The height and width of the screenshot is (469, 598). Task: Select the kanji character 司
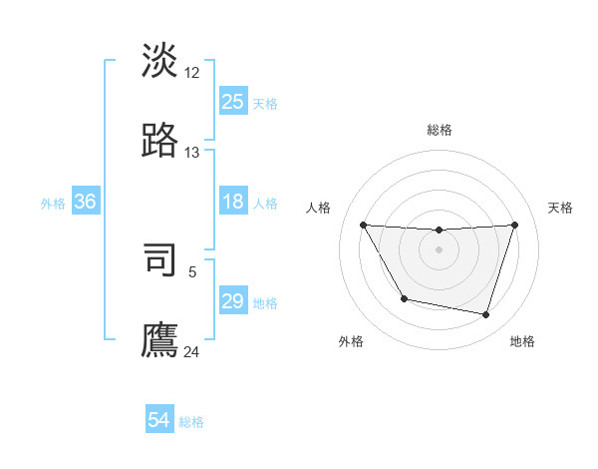tap(160, 258)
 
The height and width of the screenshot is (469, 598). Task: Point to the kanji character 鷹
tap(160, 338)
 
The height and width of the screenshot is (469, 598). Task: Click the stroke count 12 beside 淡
tap(192, 73)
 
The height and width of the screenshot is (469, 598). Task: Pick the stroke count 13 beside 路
tap(192, 153)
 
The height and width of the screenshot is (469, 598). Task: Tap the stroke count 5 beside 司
tap(192, 271)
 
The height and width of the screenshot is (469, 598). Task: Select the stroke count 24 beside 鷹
tap(192, 351)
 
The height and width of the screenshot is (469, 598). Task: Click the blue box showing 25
tap(232, 102)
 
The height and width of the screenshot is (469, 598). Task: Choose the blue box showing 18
tap(232, 202)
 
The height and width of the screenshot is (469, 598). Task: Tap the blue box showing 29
tap(232, 301)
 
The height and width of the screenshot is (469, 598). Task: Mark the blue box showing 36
tap(85, 202)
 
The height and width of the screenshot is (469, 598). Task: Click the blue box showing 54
tap(158, 420)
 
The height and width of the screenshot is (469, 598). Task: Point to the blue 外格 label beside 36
tap(53, 203)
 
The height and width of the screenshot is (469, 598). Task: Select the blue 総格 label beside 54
tap(191, 421)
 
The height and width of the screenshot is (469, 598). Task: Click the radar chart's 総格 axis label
tap(440, 130)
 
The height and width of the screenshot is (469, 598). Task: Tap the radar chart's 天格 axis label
tap(561, 208)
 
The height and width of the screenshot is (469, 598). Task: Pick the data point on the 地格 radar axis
tap(486, 315)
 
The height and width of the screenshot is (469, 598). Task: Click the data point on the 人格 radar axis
tap(363, 225)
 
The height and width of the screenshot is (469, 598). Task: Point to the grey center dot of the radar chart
tap(439, 249)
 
